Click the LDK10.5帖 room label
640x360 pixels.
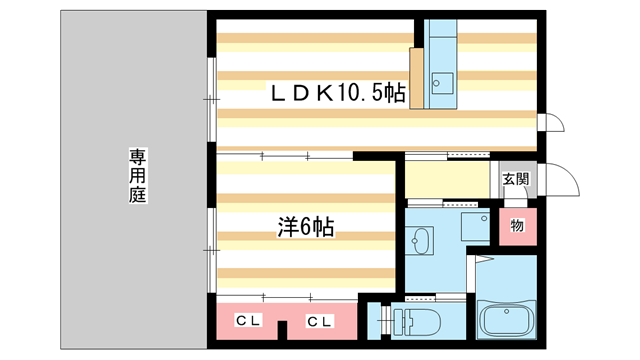click(339, 94)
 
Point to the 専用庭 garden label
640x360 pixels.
click(137, 176)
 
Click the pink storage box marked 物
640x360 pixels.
click(517, 226)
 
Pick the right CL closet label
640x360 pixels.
click(319, 321)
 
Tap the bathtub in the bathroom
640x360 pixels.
click(509, 322)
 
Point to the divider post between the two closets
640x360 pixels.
click(283, 327)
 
